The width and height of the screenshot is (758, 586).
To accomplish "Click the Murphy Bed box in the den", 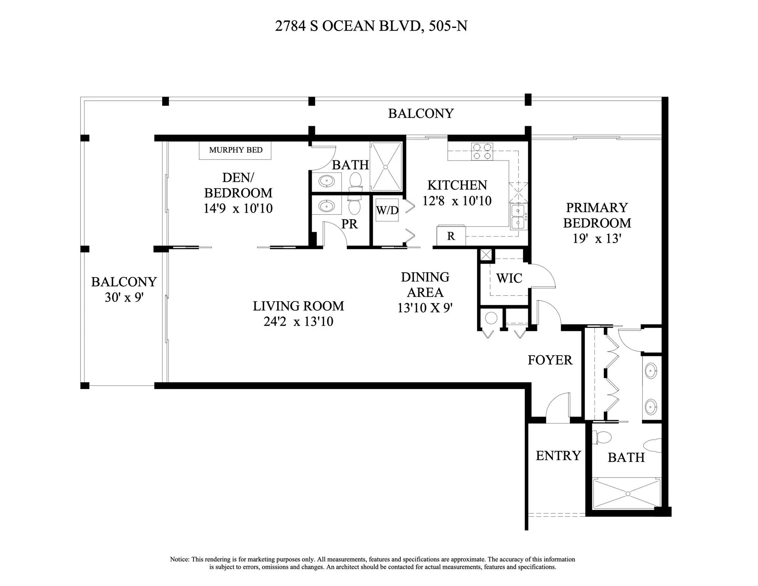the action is (235, 150).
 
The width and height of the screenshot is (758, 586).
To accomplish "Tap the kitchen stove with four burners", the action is (482, 151).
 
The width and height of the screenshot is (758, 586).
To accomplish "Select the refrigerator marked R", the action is (451, 236).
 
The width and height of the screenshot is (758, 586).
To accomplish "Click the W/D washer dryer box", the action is (387, 210).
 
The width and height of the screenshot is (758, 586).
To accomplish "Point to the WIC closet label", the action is (509, 278).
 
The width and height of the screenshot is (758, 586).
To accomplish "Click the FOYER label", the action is (550, 360).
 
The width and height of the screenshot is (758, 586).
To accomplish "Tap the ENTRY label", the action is (558, 455).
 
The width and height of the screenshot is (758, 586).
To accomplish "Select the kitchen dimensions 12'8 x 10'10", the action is (457, 201).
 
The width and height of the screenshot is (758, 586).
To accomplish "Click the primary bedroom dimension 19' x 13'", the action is (597, 239).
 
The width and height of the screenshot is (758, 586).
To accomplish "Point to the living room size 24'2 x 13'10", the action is (298, 321).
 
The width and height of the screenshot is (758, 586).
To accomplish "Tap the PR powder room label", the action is (349, 224).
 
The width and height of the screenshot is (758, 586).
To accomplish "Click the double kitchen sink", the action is (518, 216).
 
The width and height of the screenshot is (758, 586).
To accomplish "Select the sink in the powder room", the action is (327, 207).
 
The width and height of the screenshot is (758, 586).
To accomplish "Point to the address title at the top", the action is (371, 26).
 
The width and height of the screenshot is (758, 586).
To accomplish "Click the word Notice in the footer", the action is (179, 559).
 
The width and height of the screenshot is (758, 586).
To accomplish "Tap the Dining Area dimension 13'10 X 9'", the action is (425, 308).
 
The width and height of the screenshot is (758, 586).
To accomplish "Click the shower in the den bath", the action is (386, 167).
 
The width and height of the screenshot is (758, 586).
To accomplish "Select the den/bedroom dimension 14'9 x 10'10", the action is (238, 208).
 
